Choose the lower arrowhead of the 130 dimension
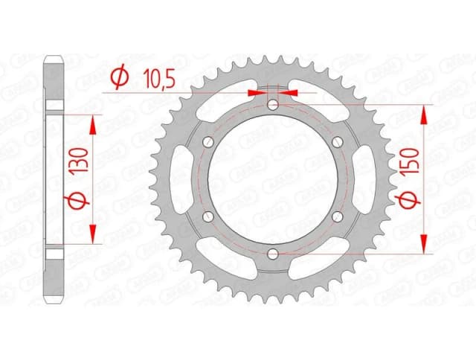tap(91, 236)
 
